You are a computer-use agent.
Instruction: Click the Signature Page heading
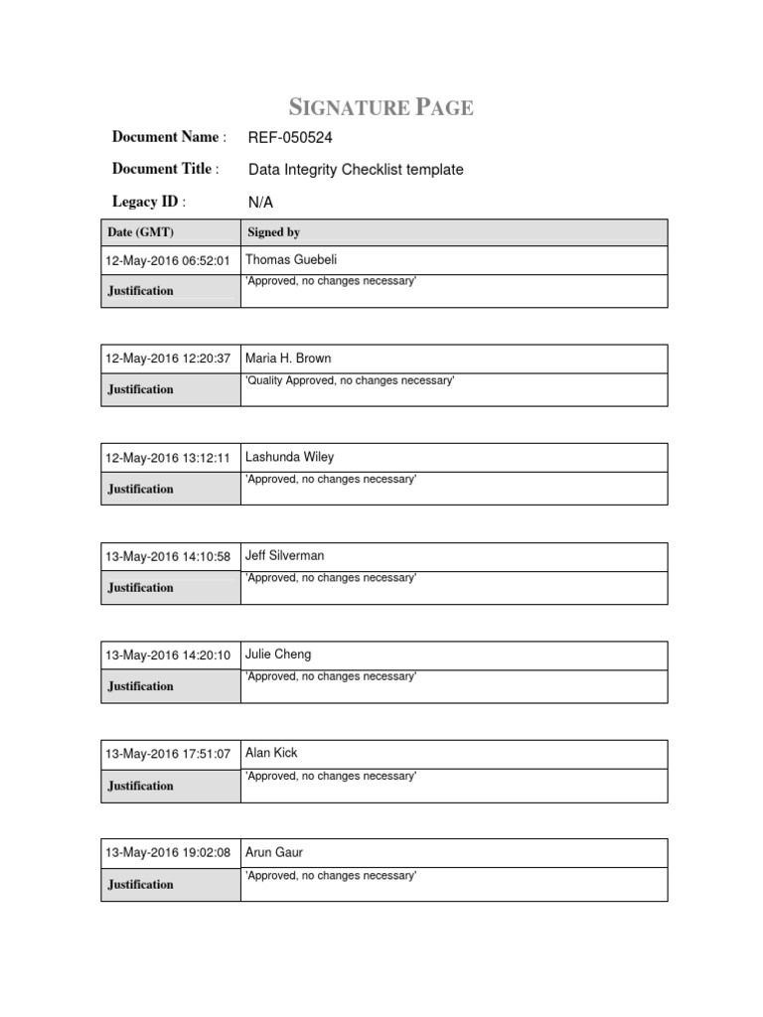tap(381, 107)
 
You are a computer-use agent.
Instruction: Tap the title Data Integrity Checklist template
tap(355, 170)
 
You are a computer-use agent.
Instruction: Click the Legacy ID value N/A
tap(259, 203)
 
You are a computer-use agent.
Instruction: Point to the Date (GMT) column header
tap(133, 232)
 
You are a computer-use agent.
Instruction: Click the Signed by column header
tap(273, 232)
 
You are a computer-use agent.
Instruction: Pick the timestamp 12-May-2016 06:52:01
tap(168, 261)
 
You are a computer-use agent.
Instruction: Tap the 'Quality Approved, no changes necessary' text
tap(349, 380)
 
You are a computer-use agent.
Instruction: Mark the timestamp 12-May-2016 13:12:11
tap(168, 458)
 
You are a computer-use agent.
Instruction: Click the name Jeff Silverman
tap(284, 555)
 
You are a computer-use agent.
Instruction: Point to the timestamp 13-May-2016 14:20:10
tap(168, 655)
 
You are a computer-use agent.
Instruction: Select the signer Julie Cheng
tap(277, 654)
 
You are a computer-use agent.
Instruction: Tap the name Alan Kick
tap(270, 753)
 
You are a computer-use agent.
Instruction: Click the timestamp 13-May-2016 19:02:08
tap(168, 853)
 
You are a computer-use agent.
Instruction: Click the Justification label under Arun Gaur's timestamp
tap(140, 884)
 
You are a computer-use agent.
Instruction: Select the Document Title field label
tap(165, 169)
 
